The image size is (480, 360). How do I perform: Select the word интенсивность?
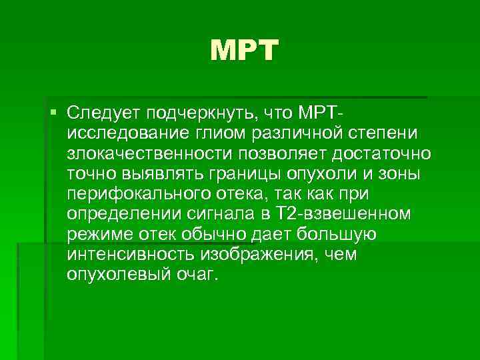coord(128,255)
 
